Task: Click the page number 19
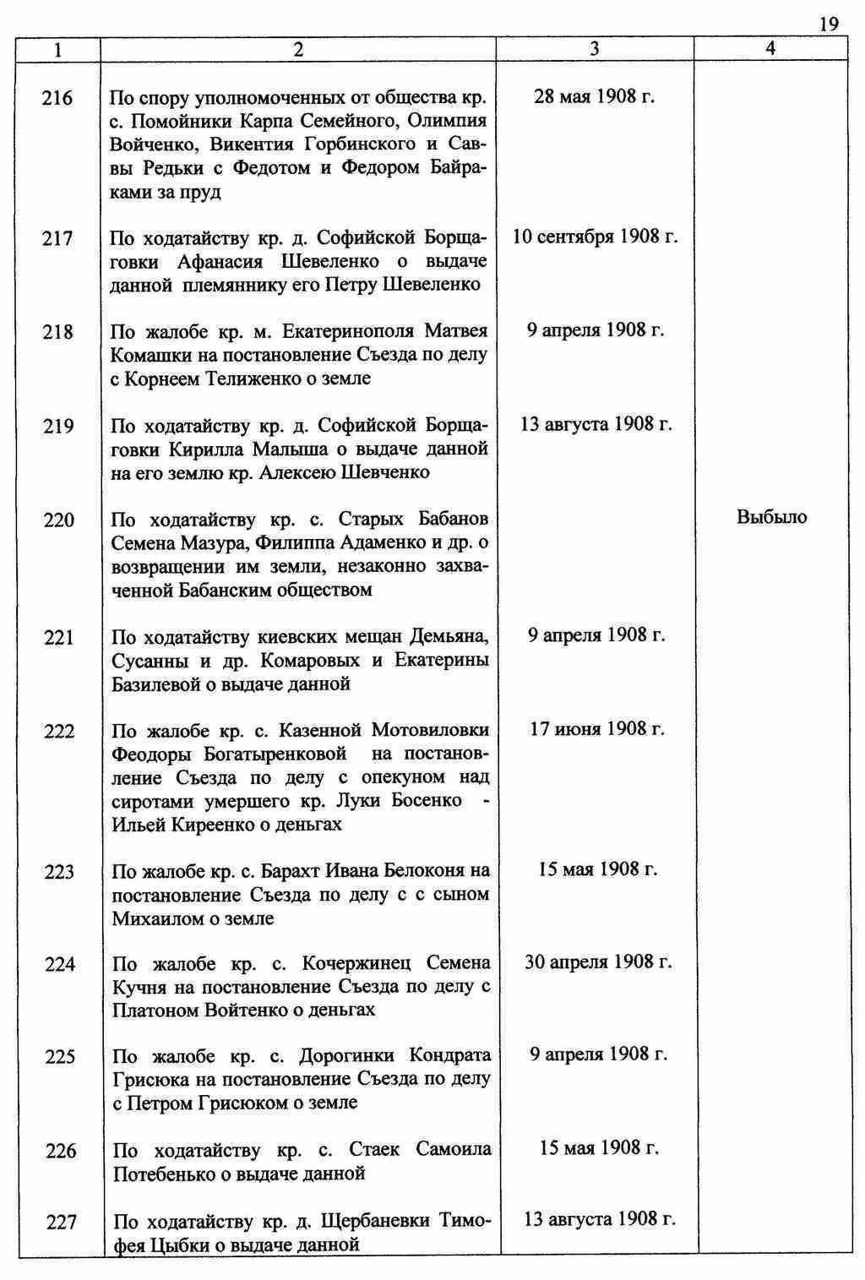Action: pyautogui.click(x=829, y=24)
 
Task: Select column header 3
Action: pyautogui.click(x=595, y=49)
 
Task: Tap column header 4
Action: pyautogui.click(x=770, y=49)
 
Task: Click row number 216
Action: pyautogui.click(x=57, y=98)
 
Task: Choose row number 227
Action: pyautogui.click(x=60, y=1222)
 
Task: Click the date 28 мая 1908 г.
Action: pyautogui.click(x=595, y=95)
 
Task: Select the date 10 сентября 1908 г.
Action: pyautogui.click(x=595, y=236)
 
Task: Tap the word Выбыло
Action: pyautogui.click(x=771, y=517)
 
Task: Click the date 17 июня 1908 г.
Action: pyautogui.click(x=596, y=728)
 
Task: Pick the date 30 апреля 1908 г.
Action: pyautogui.click(x=597, y=961)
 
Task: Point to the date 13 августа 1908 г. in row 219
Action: pyautogui.click(x=596, y=423)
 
